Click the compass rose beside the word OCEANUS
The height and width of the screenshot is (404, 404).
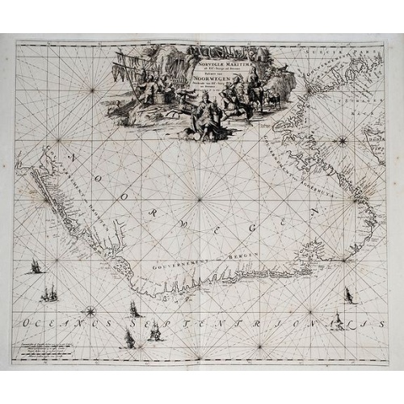click(90, 309)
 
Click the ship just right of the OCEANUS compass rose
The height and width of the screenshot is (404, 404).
click(134, 309)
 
